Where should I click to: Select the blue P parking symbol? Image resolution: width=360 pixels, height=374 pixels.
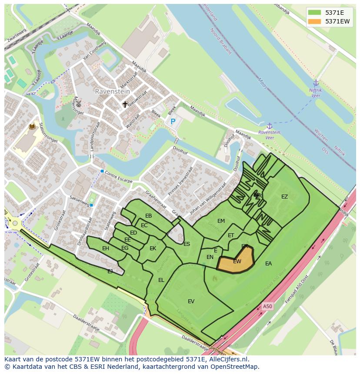173,122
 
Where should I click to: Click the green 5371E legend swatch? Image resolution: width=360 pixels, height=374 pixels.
314,13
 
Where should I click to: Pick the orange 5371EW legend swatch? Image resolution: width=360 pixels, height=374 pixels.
314,21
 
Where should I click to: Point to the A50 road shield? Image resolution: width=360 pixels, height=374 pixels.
267,307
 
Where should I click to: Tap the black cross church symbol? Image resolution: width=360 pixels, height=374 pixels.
125,104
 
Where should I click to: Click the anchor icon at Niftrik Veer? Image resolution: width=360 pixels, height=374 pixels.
316,83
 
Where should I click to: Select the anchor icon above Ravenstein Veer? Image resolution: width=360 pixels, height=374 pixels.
269,126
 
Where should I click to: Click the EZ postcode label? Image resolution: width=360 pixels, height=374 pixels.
284,197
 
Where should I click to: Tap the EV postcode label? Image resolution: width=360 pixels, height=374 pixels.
191,301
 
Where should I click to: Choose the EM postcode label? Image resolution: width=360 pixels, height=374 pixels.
221,221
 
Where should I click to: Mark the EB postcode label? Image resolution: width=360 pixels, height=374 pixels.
149,216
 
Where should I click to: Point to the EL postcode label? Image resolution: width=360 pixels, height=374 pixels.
161,280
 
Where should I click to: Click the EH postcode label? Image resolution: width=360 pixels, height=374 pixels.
106,248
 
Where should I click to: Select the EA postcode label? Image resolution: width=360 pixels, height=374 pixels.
268,264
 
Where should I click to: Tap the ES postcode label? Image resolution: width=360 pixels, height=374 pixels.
187,244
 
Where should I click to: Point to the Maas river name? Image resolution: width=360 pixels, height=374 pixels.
262,83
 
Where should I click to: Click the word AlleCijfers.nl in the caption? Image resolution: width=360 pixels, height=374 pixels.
228,359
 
